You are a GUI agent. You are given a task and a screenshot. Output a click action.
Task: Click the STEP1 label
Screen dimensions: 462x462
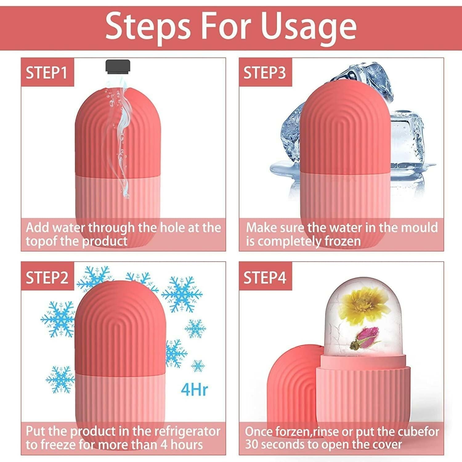[x=47, y=73]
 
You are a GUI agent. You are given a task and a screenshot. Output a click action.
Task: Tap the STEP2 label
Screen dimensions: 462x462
[x=47, y=278]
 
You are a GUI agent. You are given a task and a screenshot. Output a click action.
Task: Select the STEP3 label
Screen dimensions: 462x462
[x=265, y=73]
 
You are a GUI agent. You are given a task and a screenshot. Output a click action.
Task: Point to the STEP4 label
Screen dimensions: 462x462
[x=265, y=278]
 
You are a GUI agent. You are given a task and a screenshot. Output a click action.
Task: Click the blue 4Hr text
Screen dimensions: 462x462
[x=194, y=389]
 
